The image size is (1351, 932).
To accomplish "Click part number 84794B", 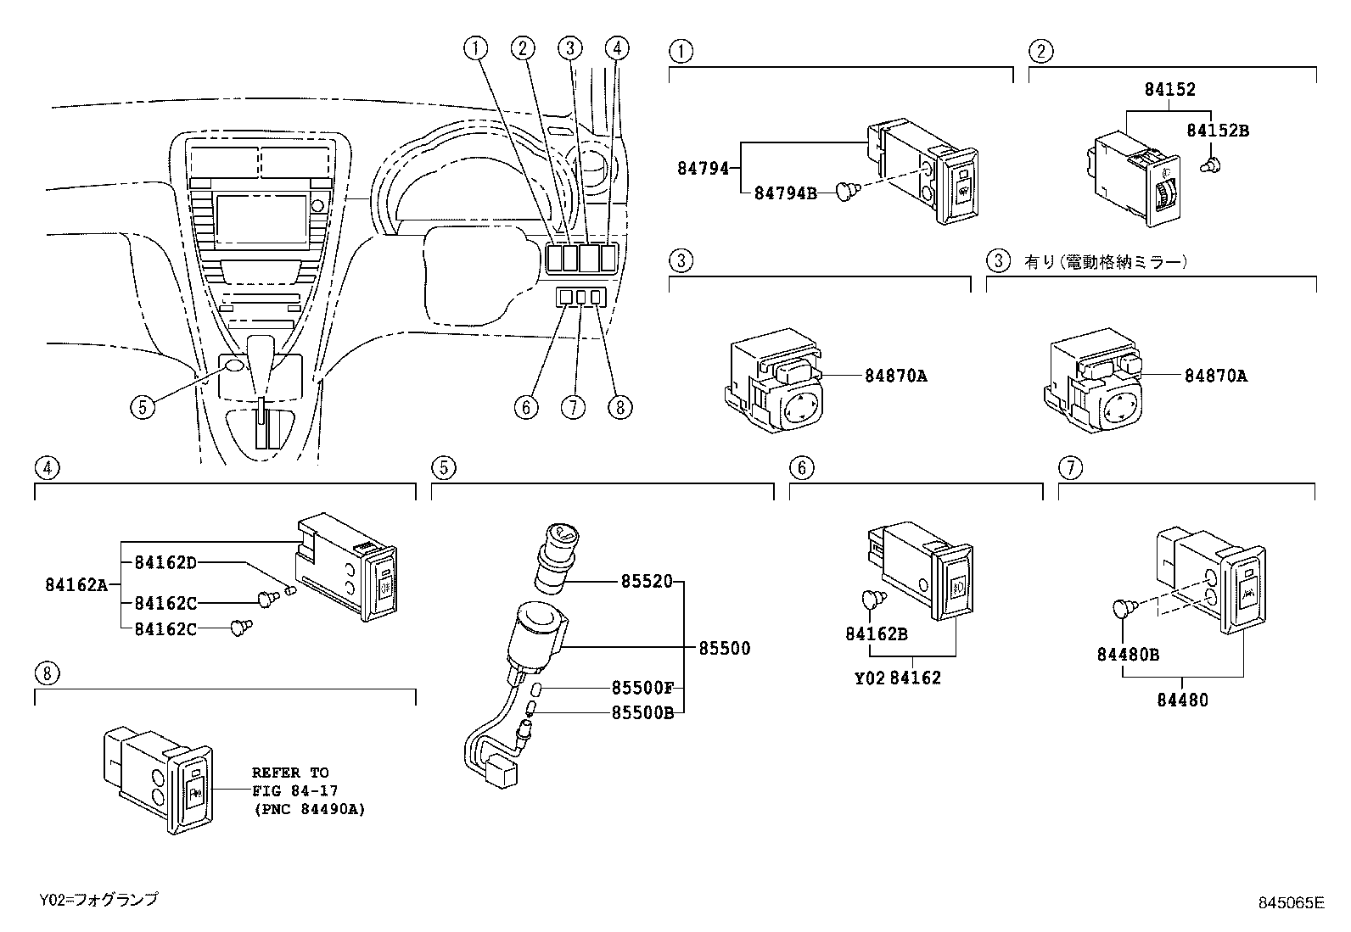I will (785, 193).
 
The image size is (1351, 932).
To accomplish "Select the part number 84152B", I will (1218, 131).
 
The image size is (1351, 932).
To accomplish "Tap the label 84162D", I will (165, 561).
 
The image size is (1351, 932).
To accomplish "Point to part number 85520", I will (646, 582).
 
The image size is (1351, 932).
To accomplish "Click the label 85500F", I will (642, 689).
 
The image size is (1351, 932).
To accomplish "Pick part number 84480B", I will (1128, 654).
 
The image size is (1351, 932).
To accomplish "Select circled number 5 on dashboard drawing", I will (143, 407).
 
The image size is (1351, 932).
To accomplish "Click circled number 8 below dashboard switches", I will (619, 407).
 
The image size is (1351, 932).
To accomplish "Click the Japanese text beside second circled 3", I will (1105, 262).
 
